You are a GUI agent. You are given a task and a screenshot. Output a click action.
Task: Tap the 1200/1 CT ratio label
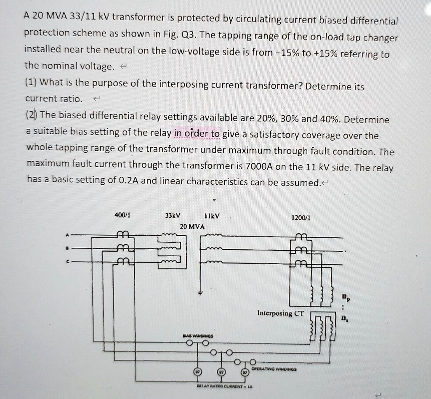(x=301, y=218)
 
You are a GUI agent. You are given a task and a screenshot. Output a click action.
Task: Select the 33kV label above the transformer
(x=173, y=216)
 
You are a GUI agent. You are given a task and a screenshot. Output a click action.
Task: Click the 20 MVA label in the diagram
(x=192, y=226)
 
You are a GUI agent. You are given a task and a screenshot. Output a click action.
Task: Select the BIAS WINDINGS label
(x=198, y=336)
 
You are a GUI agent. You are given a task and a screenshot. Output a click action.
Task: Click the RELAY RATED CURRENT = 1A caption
(x=224, y=386)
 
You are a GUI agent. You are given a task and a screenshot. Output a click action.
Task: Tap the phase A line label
(x=66, y=235)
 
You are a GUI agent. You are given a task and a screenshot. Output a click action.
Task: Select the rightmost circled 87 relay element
(x=245, y=373)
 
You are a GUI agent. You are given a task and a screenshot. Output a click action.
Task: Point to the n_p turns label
(x=343, y=298)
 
